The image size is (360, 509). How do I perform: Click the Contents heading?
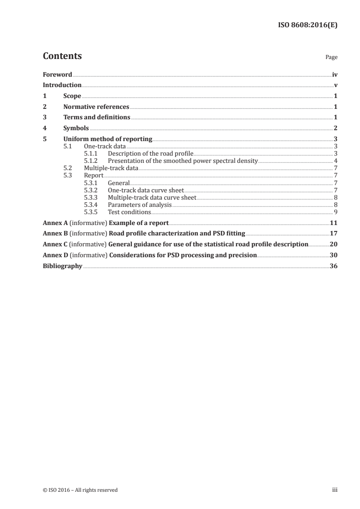tap(62, 56)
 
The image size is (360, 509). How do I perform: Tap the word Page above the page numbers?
tap(331, 58)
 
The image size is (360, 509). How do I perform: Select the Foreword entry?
tap(57, 74)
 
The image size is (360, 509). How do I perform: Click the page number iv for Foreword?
tap(335, 74)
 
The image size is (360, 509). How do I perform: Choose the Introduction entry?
tap(62, 85)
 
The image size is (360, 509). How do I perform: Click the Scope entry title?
tap(72, 96)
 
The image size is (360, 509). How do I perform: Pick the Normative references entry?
tap(96, 107)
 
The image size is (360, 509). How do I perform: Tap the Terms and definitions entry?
tap(97, 117)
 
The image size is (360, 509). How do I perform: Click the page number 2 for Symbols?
tap(335, 128)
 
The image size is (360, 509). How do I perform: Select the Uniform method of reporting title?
tap(108, 139)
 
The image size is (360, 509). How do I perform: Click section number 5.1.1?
tap(91, 154)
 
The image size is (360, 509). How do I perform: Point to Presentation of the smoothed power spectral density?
tap(182, 161)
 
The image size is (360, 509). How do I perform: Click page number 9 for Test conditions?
tap(335, 212)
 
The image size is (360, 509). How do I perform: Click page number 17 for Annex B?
tap(333, 234)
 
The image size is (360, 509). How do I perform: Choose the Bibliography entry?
tap(62, 266)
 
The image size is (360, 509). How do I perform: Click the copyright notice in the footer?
tap(80, 490)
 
